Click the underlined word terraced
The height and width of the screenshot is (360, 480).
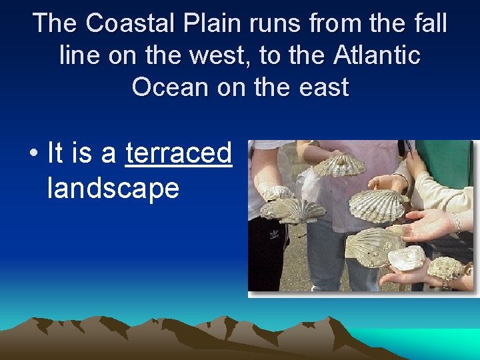pyautogui.click(x=179, y=153)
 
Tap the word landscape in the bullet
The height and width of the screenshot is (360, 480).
pyautogui.click(x=113, y=188)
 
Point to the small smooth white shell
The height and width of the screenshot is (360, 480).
pyautogui.click(x=406, y=257)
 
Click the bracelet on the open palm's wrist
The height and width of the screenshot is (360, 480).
pyautogui.click(x=457, y=223)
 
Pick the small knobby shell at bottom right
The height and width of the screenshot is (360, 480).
pyautogui.click(x=445, y=268)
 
